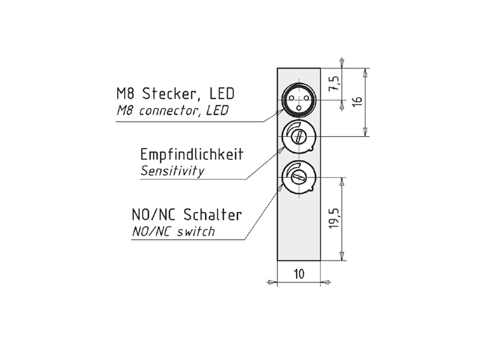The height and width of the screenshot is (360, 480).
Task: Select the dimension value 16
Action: pos(357,101)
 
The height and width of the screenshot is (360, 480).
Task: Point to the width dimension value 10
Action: pos(299,274)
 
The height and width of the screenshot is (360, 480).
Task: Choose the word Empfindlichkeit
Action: pos(191,154)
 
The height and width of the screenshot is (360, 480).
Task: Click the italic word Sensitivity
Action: pos(172,171)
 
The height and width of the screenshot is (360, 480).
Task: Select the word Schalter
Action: pos(212,215)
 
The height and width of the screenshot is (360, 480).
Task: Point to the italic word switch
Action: pos(196,232)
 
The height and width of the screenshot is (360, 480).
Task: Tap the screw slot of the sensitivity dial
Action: pos(299,136)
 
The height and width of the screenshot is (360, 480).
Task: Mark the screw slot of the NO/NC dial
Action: pos(299,177)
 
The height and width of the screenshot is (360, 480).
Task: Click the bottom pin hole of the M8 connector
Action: pos(298,107)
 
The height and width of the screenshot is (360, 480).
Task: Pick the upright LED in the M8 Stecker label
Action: pos(222,94)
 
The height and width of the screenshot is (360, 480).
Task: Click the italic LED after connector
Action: pos(218,110)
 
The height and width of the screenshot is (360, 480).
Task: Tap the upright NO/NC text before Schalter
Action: pos(154,215)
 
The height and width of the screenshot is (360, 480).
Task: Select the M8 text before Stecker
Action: pos(125,94)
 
